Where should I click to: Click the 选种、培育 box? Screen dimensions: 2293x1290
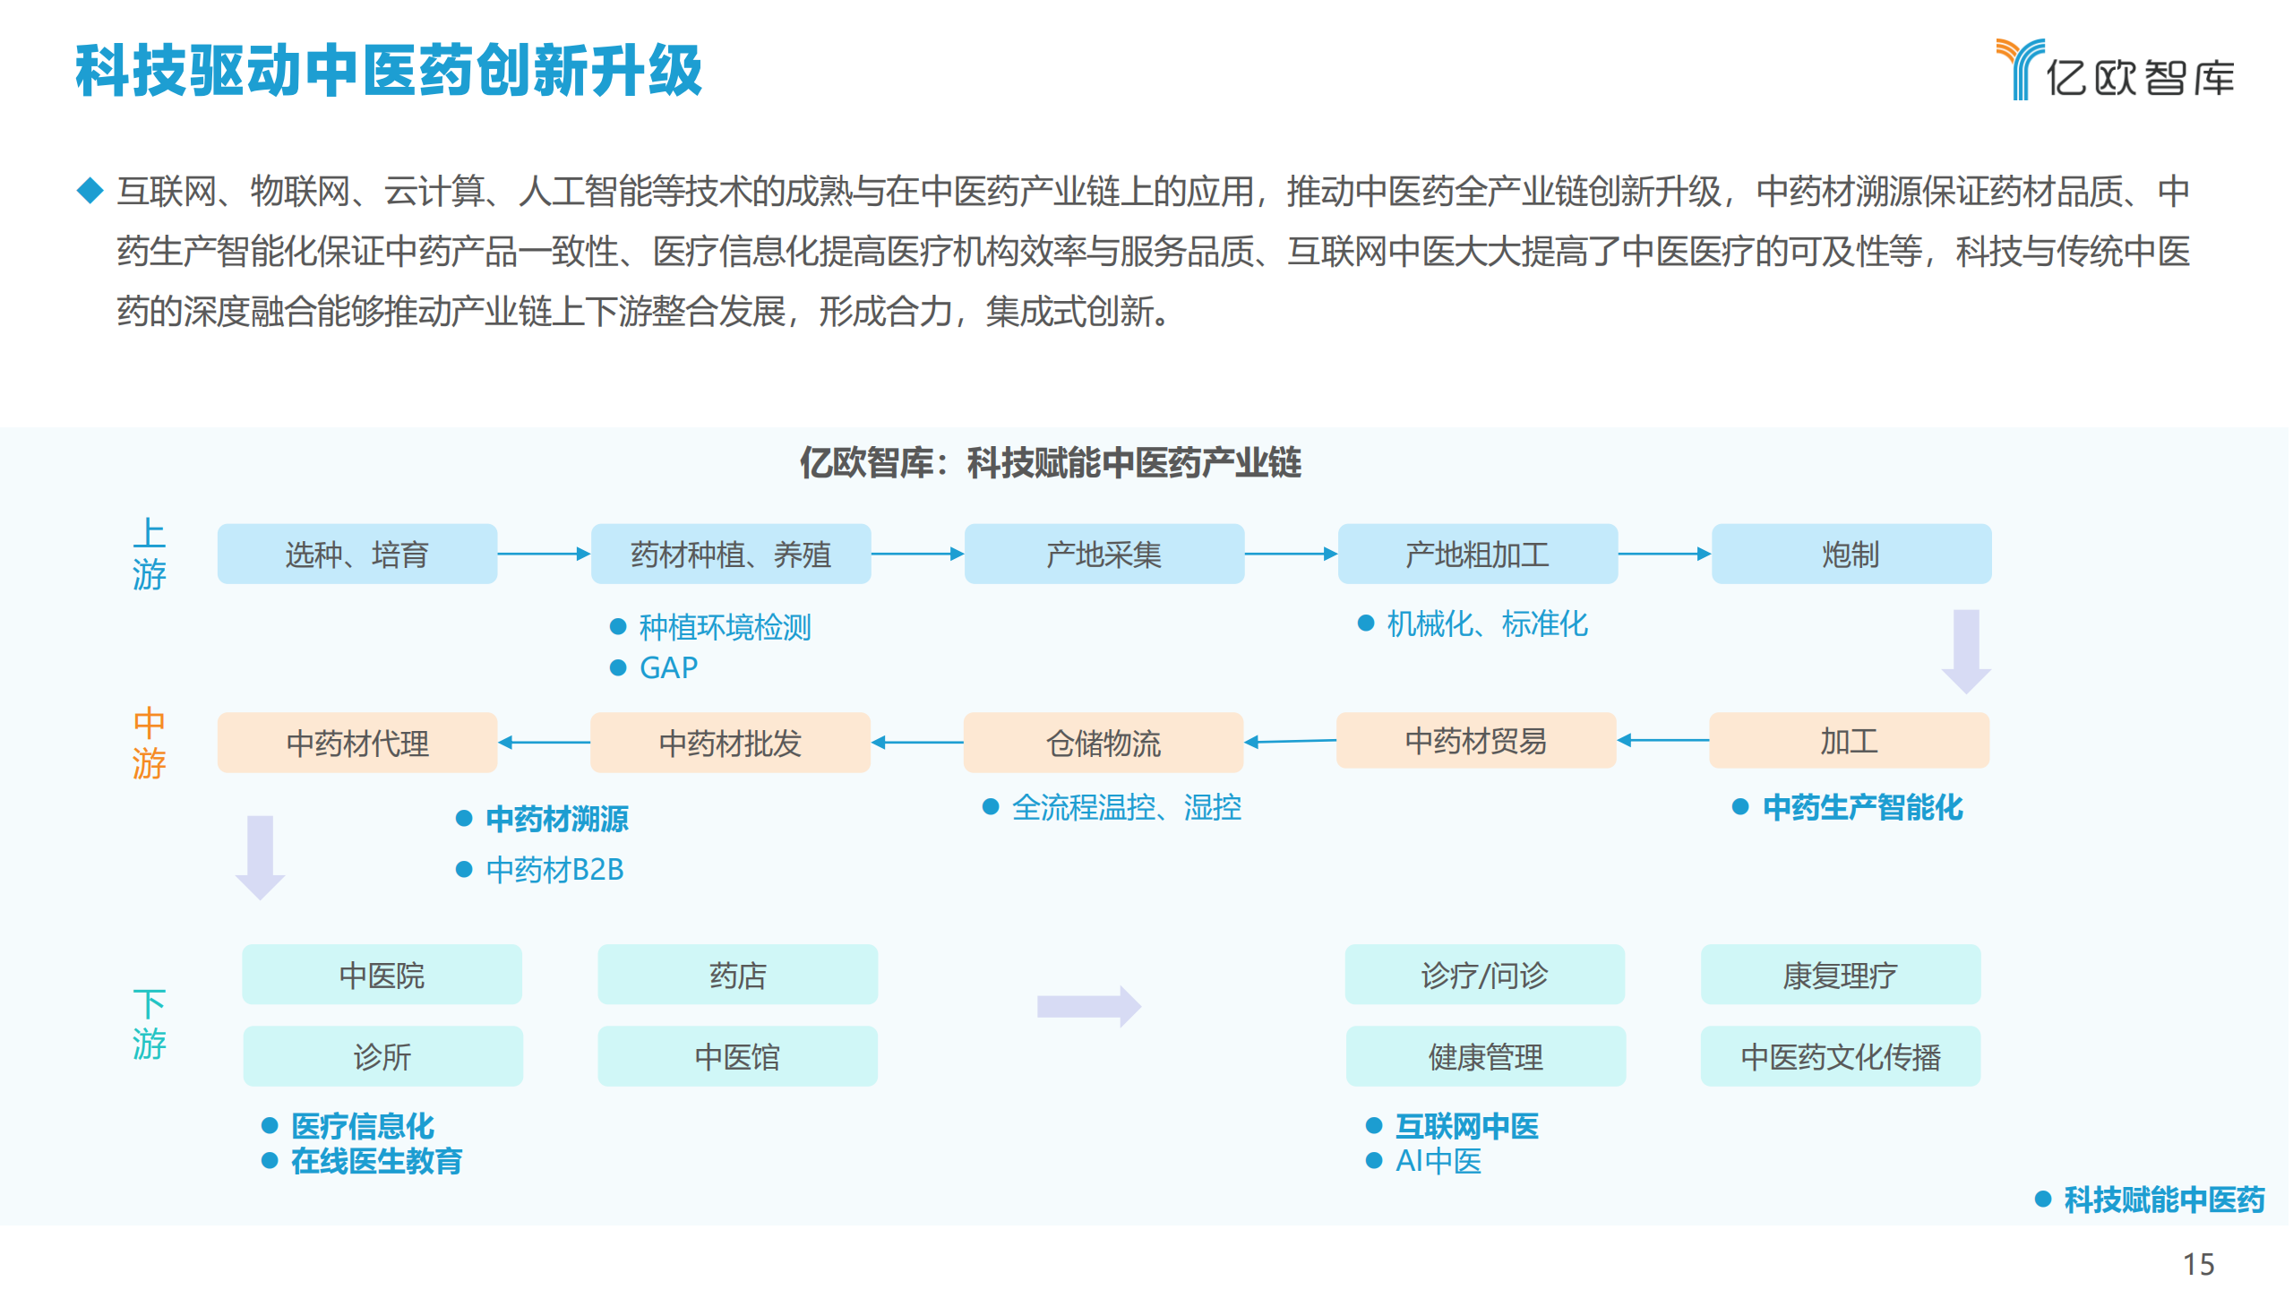(357, 555)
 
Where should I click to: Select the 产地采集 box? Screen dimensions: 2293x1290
(1104, 555)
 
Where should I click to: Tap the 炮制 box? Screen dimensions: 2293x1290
(1851, 555)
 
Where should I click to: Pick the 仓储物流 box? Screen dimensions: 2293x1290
(1104, 743)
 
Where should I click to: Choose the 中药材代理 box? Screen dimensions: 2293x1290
(357, 743)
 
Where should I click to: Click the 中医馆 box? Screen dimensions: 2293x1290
(738, 1056)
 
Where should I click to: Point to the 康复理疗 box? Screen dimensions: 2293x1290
(1841, 975)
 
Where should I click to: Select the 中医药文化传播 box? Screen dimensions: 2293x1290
(1841, 1056)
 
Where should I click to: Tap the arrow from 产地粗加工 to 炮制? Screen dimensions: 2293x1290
(1664, 554)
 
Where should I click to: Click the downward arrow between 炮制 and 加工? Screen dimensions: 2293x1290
(1966, 651)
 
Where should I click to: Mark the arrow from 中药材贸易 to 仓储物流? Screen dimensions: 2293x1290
(1290, 741)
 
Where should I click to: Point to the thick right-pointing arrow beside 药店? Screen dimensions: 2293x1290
(1089, 1007)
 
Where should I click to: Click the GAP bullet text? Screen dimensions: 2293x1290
(668, 668)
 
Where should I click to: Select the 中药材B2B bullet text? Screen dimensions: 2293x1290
(554, 869)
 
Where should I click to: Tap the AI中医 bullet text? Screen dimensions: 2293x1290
(1438, 1161)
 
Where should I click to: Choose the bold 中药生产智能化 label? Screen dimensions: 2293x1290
(1862, 807)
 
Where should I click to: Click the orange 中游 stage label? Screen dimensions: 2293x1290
(149, 743)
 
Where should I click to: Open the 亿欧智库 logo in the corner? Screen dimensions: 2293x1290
(2116, 70)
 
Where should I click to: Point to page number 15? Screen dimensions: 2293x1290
(2198, 1264)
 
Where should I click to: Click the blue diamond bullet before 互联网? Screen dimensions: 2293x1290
(90, 190)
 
